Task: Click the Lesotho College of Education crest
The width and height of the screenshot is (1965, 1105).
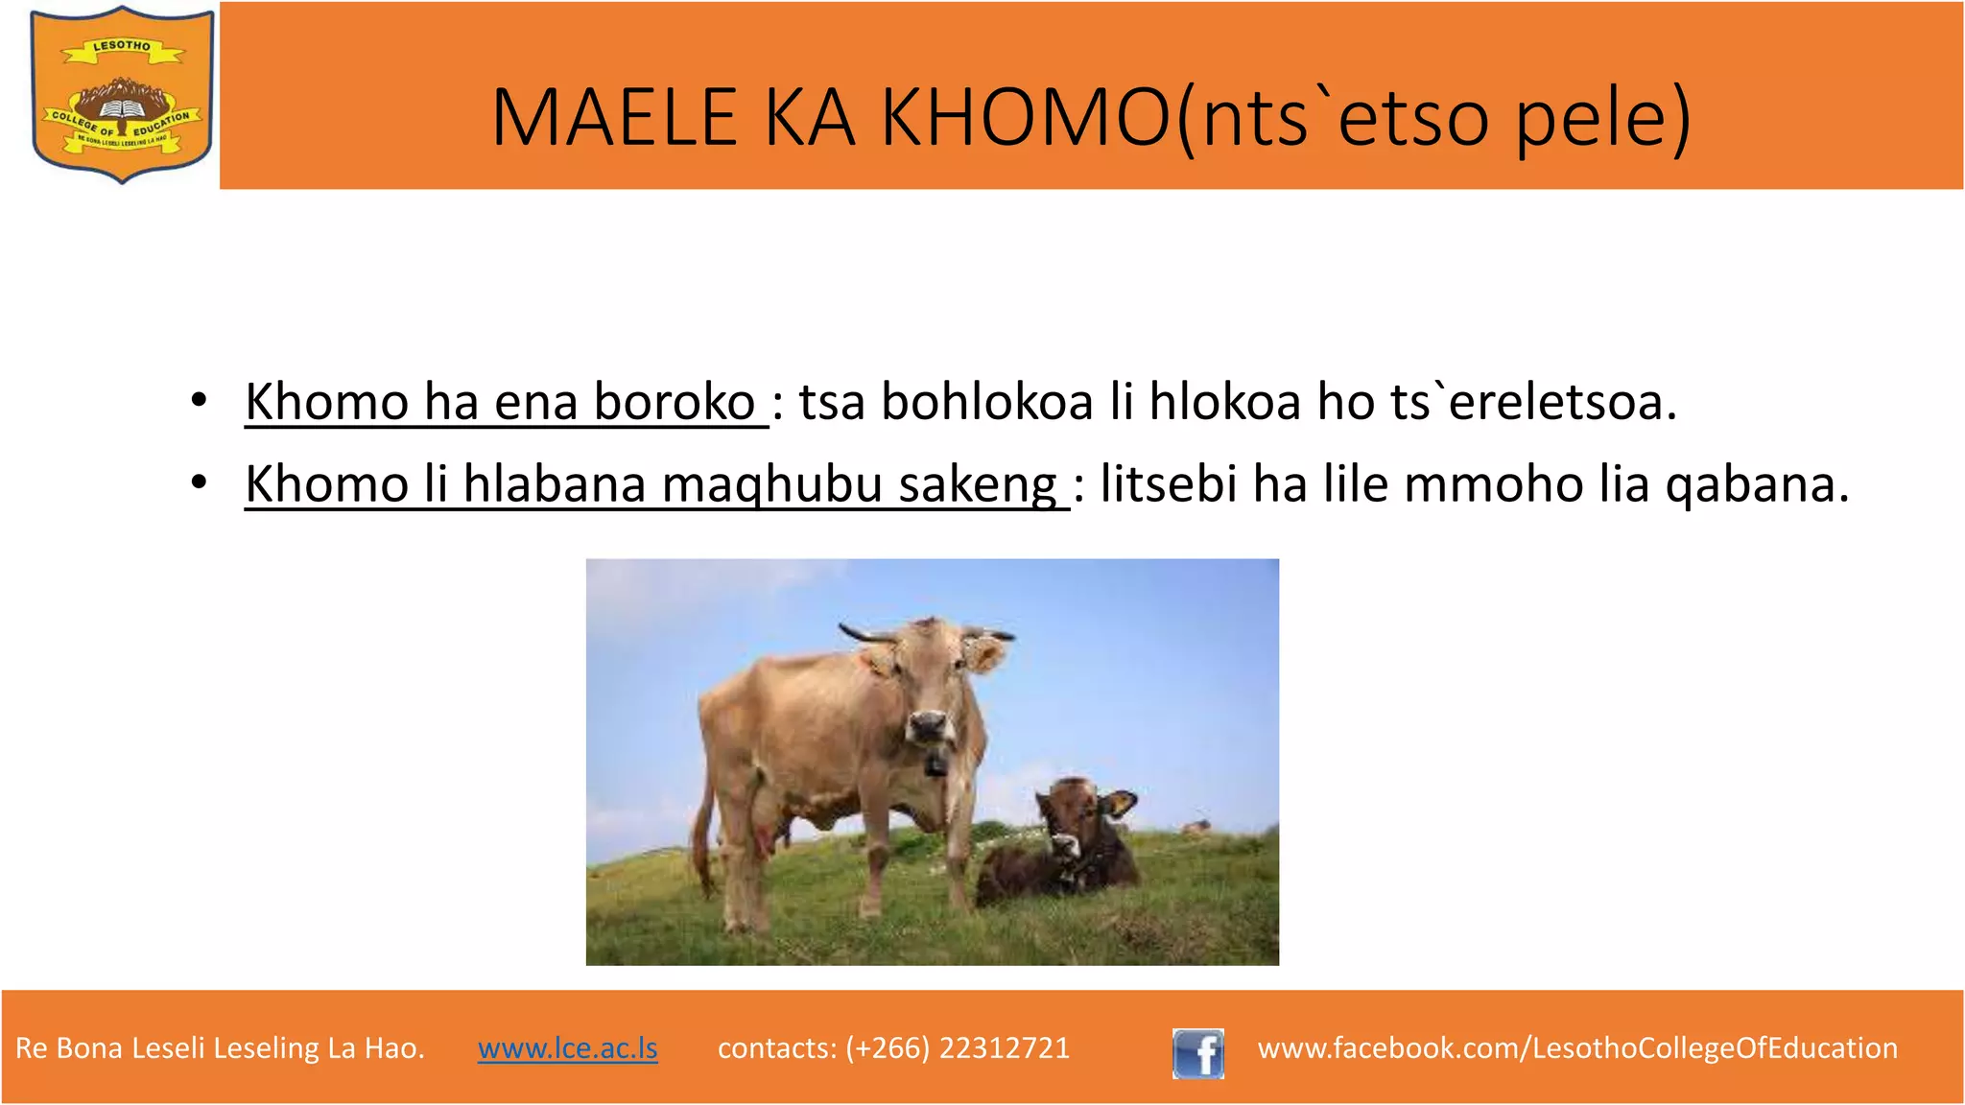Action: point(122,94)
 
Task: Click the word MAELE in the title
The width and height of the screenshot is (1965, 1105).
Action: point(614,118)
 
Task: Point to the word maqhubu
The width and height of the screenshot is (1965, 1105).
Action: point(771,483)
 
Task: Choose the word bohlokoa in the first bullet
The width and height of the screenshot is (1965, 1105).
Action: point(986,401)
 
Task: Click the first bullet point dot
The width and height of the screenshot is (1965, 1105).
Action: point(199,401)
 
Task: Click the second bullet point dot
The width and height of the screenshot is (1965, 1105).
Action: point(199,482)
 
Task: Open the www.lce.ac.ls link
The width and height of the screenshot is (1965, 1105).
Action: point(568,1047)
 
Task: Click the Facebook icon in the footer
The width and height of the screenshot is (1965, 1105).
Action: point(1198,1053)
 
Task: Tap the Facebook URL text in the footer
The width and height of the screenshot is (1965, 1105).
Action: point(1577,1047)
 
